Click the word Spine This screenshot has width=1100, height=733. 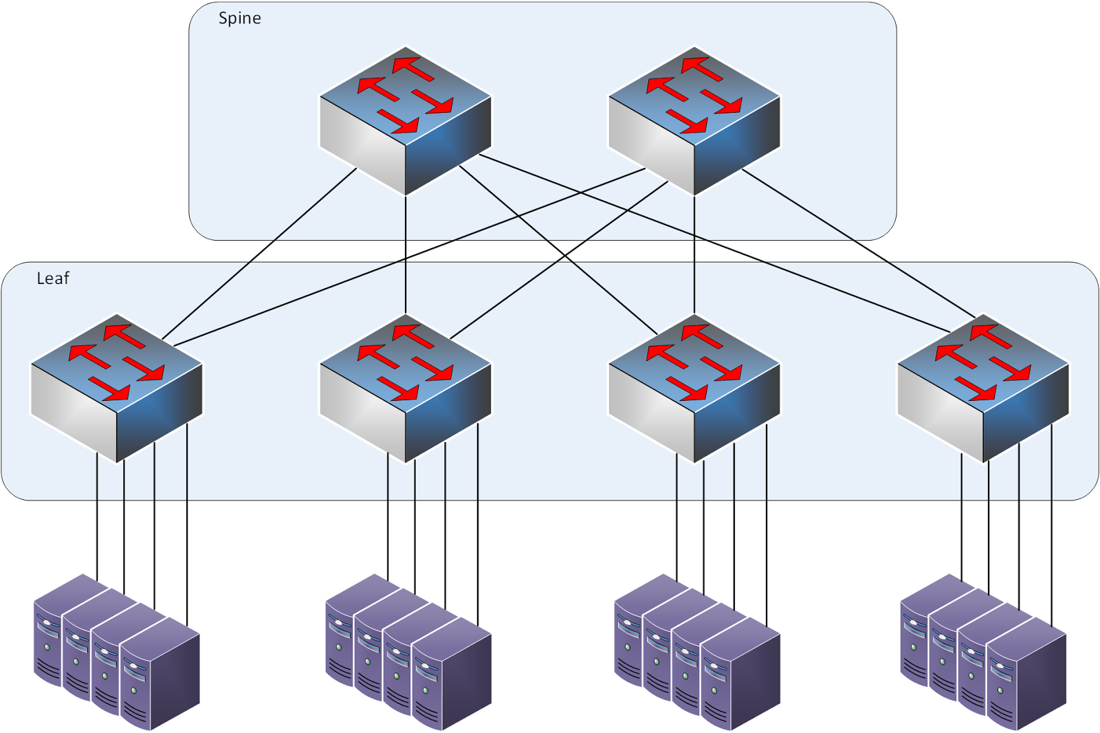click(239, 19)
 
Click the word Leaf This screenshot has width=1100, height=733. click(53, 278)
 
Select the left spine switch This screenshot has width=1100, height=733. click(406, 120)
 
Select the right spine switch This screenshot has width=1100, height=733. click(694, 120)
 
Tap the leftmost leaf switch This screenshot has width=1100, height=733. click(117, 389)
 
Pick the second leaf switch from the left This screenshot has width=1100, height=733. click(406, 389)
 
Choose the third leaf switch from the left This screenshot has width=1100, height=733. click(694, 389)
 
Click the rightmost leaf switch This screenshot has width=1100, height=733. click(983, 389)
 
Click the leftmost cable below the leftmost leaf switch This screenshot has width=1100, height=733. click(97, 523)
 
